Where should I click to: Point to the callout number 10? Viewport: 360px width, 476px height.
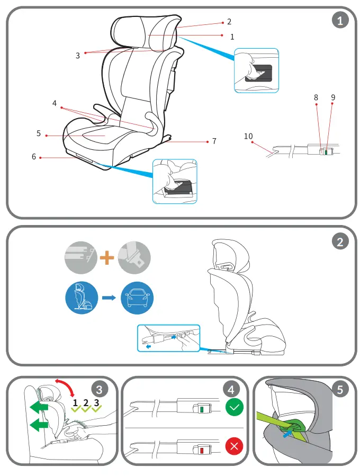pyautogui.click(x=248, y=136)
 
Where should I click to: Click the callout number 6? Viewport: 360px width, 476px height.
pyautogui.click(x=34, y=157)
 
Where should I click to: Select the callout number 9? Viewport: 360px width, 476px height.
pyautogui.click(x=333, y=97)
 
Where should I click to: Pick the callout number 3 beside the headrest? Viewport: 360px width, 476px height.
pyautogui.click(x=77, y=55)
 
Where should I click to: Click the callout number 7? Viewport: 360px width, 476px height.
pyautogui.click(x=214, y=141)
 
